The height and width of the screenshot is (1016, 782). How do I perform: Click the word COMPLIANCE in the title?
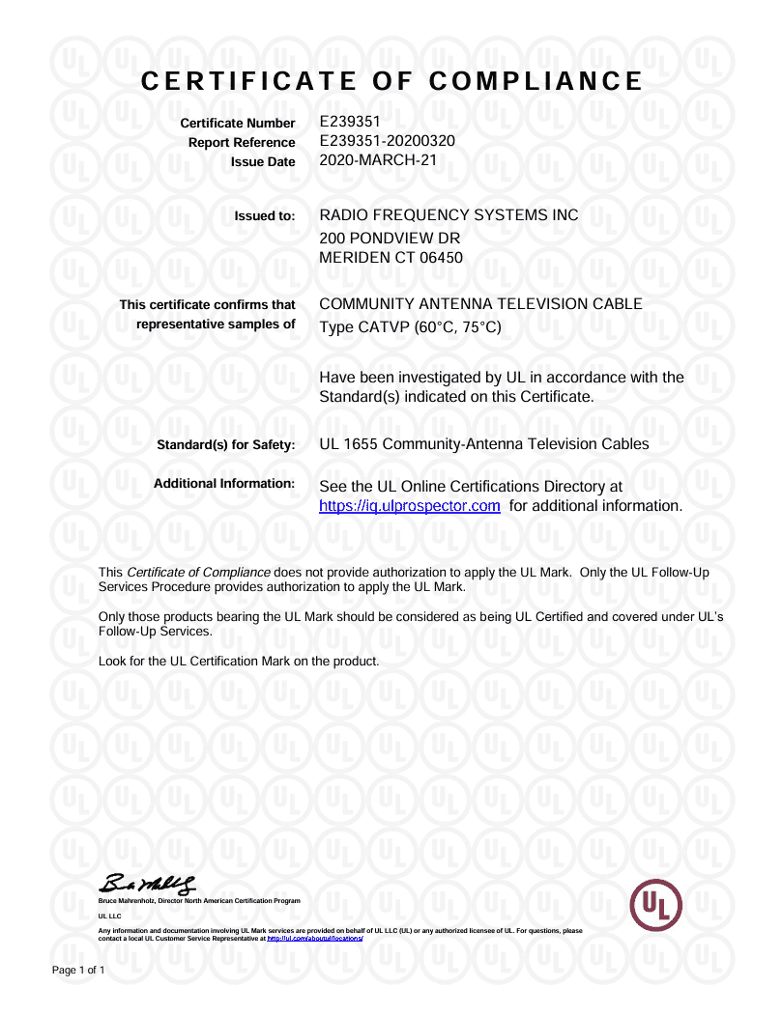click(x=536, y=81)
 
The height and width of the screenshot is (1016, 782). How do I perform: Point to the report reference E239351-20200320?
click(x=387, y=141)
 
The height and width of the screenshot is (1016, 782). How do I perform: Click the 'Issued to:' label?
click(x=264, y=216)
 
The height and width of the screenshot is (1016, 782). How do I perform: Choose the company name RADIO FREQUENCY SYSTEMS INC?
click(x=449, y=214)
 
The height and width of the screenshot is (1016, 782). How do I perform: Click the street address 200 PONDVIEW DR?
click(x=389, y=238)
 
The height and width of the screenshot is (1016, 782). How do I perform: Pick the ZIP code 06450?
click(x=442, y=258)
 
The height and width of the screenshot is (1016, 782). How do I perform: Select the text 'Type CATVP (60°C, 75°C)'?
click(x=410, y=327)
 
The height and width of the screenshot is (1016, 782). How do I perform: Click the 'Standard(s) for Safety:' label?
click(x=225, y=445)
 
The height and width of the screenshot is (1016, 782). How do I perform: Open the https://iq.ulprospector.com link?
click(x=409, y=506)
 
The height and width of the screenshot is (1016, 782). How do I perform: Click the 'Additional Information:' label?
click(x=224, y=483)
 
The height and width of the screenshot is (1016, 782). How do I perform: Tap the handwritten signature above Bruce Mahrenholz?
click(x=151, y=882)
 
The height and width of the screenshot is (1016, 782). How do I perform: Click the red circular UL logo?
click(x=656, y=906)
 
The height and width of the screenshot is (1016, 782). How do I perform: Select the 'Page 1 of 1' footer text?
click(x=77, y=969)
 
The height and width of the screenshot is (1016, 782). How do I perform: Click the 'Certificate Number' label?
click(x=238, y=124)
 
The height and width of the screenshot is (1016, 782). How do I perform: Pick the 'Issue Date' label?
click(x=263, y=162)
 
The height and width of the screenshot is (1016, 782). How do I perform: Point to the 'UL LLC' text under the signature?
click(x=109, y=915)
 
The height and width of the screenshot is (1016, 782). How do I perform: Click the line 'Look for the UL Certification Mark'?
click(x=239, y=662)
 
